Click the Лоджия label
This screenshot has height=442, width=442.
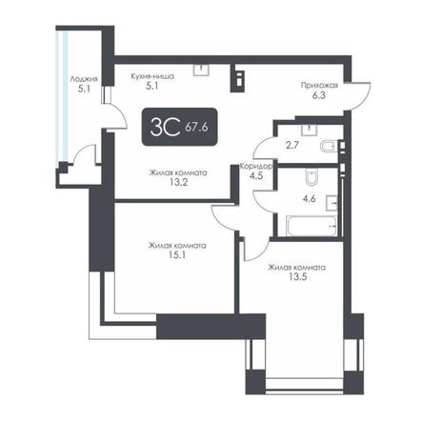coord(84,79)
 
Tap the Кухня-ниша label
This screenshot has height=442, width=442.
coord(152,76)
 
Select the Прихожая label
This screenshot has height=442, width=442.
coord(319,85)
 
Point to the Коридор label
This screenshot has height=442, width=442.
coord(255,166)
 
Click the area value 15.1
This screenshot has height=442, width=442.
coord(177,255)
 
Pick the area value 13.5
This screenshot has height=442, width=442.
coord(297,277)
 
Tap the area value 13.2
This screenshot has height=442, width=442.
coord(178,182)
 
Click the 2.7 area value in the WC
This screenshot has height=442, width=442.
coord(291,146)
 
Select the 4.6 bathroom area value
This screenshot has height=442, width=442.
coord(309,199)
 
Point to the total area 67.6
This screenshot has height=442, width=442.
coord(196,128)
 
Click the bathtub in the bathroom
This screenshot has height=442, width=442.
coord(311,226)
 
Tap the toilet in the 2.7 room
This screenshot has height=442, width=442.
coord(328,147)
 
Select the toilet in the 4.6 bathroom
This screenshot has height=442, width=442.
coord(311,177)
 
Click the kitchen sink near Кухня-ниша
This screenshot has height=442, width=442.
coord(202,70)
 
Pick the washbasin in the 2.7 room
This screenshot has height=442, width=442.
coord(309,130)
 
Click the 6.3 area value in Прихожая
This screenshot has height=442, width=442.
coord(318,95)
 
